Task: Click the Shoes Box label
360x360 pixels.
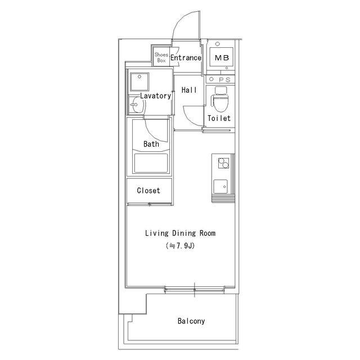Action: point(161,57)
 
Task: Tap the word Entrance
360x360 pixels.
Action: point(186,57)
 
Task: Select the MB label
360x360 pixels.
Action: point(222,57)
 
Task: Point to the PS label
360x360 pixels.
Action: point(224,80)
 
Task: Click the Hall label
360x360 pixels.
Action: point(189,90)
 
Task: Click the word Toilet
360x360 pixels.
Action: point(219,118)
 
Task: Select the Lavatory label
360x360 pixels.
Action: point(155,96)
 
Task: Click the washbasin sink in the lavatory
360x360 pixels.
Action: point(136,105)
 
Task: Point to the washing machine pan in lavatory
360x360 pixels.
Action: point(139,82)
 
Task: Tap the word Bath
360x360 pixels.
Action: point(151,144)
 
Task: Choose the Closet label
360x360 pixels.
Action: point(148,190)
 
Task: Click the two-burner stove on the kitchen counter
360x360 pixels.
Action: point(223,163)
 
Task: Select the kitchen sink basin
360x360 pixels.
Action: point(220,186)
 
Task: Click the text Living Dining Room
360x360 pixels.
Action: point(180,233)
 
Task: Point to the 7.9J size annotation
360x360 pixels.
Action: point(180,246)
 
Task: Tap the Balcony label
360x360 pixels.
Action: point(191,321)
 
